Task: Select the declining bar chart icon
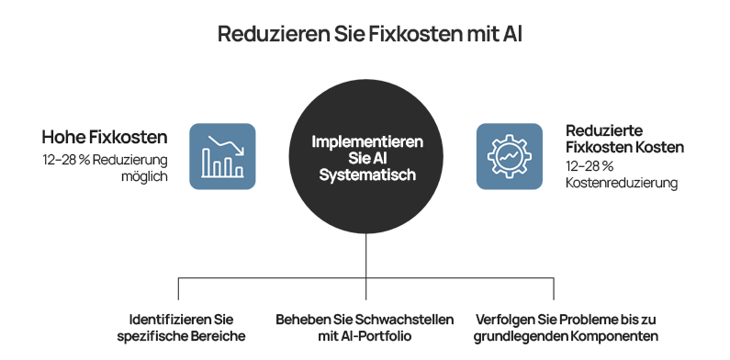(222, 156)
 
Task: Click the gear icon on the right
(509, 156)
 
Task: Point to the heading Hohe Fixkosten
(105, 138)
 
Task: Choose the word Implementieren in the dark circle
(367, 142)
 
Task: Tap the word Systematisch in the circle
(367, 174)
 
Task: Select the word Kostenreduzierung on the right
(621, 183)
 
